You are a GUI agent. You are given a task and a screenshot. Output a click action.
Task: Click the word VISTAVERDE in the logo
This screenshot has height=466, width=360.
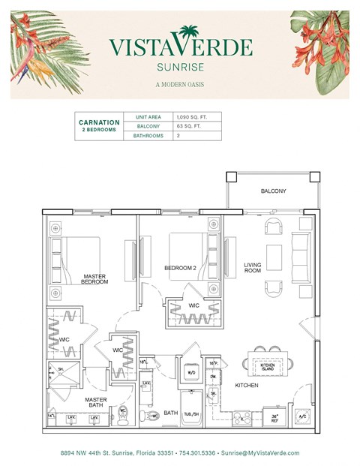point(180,47)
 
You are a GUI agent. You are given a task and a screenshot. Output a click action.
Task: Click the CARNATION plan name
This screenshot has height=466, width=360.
point(99,122)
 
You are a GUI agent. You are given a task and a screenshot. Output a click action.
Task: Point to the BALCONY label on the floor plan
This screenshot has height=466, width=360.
point(273,191)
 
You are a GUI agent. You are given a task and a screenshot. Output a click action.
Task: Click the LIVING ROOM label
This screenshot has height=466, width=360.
point(253,268)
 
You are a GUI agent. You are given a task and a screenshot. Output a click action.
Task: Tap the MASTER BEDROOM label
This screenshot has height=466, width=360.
point(95,278)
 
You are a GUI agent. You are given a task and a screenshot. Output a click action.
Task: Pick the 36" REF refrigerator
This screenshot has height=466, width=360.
point(274,418)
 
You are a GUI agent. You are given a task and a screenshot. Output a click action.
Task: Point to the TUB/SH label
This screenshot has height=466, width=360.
point(193,413)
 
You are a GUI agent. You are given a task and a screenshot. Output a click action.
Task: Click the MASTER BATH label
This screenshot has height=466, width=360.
point(94,401)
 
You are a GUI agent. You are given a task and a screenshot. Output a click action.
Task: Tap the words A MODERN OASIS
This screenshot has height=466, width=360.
point(180,83)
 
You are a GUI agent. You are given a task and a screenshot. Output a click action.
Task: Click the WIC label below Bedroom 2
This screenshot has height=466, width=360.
point(193,305)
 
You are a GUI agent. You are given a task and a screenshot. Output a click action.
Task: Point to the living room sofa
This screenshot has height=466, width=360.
point(300,256)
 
